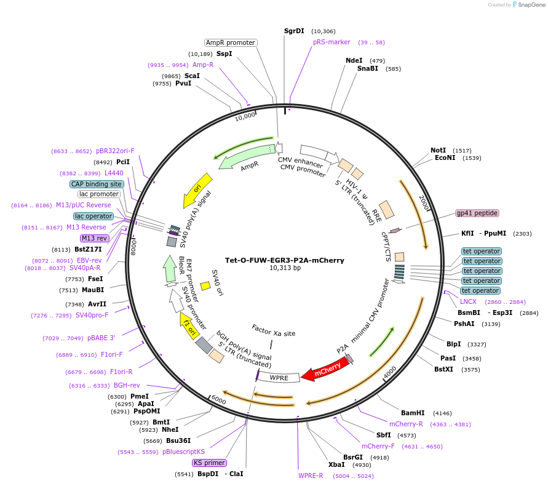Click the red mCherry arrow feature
(x=326, y=370)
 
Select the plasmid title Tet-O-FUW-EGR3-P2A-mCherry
(x=284, y=260)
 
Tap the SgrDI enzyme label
(x=294, y=31)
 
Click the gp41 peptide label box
(x=477, y=213)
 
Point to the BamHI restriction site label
(x=413, y=413)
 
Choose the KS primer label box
(x=210, y=463)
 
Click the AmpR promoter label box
(x=230, y=42)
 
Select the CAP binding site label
(x=97, y=184)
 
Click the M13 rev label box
(x=94, y=238)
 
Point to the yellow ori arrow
(x=198, y=190)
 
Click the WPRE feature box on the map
(x=279, y=376)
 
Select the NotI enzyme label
(x=438, y=150)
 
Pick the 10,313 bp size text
(x=285, y=268)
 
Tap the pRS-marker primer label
(x=332, y=42)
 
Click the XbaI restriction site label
(x=336, y=464)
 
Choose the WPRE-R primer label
(x=311, y=476)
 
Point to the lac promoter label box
(x=99, y=194)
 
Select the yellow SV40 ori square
(x=205, y=286)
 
